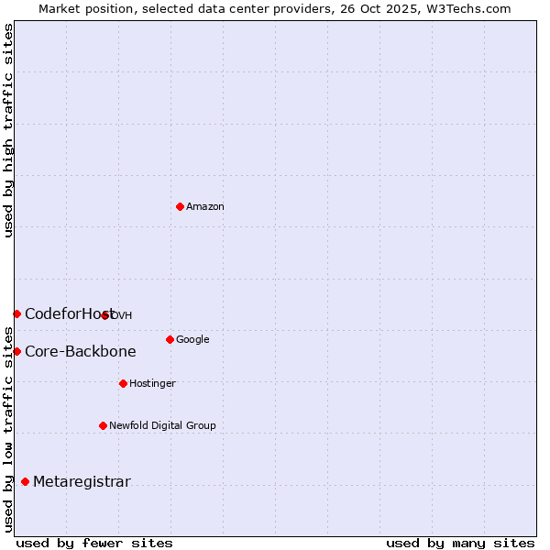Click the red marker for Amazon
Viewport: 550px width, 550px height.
point(180,206)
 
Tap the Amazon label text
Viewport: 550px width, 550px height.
point(205,207)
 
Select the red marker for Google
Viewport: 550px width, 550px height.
point(170,339)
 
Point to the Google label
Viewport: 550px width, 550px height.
point(192,340)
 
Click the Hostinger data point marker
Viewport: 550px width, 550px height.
point(123,383)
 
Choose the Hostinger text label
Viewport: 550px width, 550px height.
point(152,383)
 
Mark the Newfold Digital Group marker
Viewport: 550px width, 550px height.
point(103,425)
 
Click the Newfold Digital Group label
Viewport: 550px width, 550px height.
point(162,425)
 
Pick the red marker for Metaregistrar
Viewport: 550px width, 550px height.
point(25,482)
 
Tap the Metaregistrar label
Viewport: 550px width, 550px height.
point(82,482)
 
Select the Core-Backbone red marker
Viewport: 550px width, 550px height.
point(16,351)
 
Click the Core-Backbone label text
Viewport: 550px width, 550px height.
point(80,351)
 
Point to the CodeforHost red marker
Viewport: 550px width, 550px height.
point(16,313)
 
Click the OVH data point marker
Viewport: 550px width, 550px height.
point(105,315)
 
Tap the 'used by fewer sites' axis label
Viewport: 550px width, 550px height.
point(94,543)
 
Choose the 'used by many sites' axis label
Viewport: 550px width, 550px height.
point(460,543)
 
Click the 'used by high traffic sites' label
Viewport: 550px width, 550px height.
point(8,130)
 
